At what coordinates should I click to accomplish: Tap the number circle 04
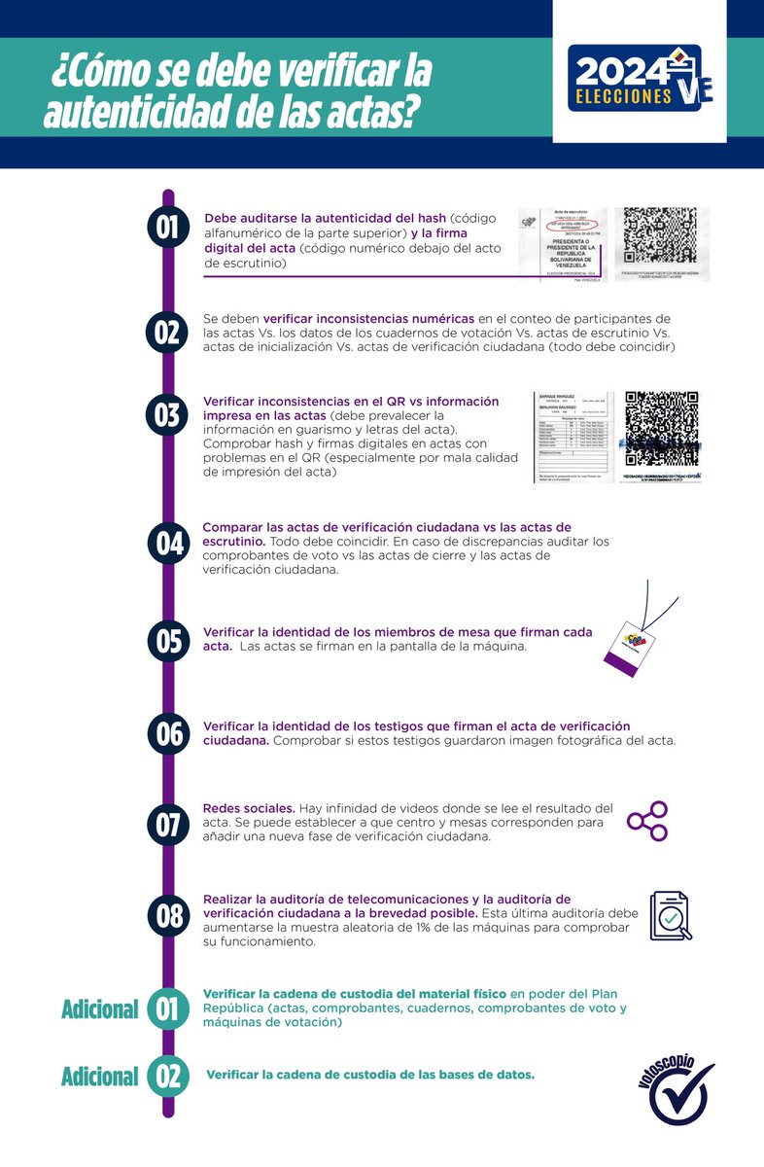[168, 543]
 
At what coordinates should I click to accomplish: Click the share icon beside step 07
[647, 822]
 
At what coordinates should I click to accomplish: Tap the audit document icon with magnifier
[671, 915]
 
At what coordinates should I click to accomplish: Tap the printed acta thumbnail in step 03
[573, 437]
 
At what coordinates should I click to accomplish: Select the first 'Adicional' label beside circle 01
[99, 1008]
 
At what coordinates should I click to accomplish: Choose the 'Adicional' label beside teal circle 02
[99, 1076]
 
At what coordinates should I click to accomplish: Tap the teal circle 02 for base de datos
[168, 1076]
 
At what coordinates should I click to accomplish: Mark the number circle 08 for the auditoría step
[168, 915]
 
